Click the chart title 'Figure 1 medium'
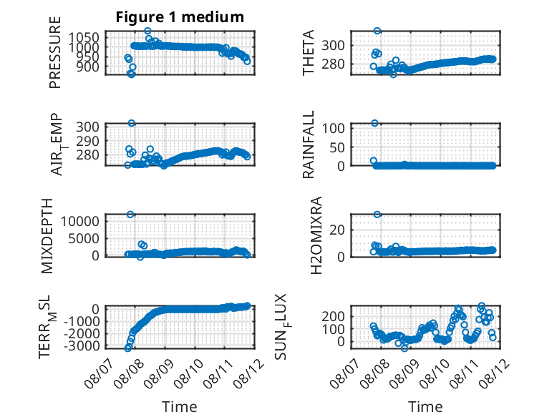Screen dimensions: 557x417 click(x=180, y=17)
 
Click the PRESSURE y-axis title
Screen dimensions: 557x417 click(x=55, y=52)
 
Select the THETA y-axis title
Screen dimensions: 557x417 click(x=309, y=52)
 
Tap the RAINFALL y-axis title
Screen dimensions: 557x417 click(x=309, y=144)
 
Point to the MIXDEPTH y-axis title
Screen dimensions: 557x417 click(x=47, y=236)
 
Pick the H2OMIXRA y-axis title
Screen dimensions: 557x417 click(x=316, y=235)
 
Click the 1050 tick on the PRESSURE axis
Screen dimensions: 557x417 click(x=84, y=37)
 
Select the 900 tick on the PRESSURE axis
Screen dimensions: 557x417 click(x=88, y=67)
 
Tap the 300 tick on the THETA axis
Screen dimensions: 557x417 click(x=334, y=46)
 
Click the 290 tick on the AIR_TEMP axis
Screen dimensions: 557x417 click(x=88, y=141)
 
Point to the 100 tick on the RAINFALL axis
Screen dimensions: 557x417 click(x=334, y=128)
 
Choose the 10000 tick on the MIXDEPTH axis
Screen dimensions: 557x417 click(x=80, y=222)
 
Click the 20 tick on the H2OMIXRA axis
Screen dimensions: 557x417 click(x=337, y=230)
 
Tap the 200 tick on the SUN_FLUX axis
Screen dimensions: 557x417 click(x=334, y=316)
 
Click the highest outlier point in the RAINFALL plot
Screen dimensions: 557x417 click(x=374, y=123)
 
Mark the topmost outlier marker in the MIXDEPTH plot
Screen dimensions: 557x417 click(x=130, y=215)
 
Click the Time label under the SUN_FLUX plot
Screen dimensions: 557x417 click(x=425, y=407)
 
